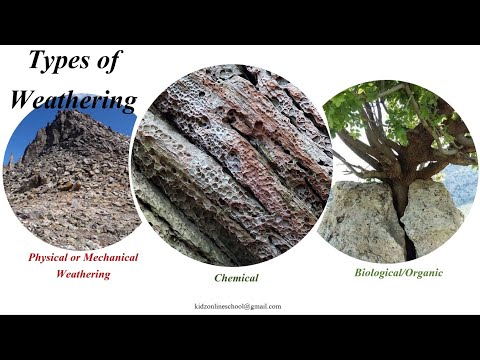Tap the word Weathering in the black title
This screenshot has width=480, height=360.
point(73,100)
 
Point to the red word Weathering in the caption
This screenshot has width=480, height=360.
point(83,273)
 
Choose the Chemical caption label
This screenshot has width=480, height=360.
point(236,278)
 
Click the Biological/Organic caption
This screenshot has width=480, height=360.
point(399,271)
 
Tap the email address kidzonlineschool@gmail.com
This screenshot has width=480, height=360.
point(238,306)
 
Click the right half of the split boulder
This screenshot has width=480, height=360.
point(432,215)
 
